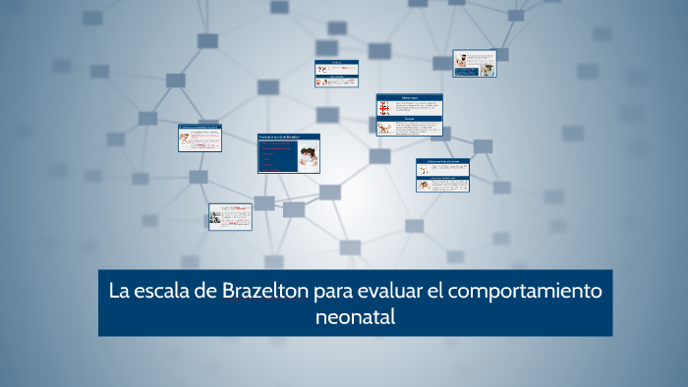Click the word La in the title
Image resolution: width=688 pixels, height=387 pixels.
(119, 292)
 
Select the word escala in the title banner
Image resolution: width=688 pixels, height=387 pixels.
(163, 292)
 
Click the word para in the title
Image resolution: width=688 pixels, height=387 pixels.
(334, 293)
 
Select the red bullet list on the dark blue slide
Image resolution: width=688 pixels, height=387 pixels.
(275, 157)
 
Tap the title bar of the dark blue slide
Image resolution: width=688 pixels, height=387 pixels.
(289, 136)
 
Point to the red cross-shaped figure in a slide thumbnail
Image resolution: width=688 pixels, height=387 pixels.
(384, 109)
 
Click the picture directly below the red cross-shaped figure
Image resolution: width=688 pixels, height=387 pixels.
(384, 128)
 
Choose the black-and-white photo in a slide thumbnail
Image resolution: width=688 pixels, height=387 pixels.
(215, 219)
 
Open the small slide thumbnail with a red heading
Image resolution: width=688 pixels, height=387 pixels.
(336, 68)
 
